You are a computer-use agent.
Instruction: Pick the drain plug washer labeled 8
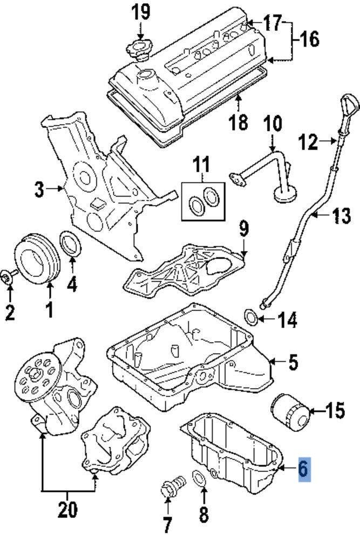(x=199, y=478)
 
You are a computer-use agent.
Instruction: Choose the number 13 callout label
(x=341, y=216)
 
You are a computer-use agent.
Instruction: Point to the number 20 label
(x=68, y=509)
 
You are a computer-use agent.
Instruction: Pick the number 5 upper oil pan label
(x=292, y=362)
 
